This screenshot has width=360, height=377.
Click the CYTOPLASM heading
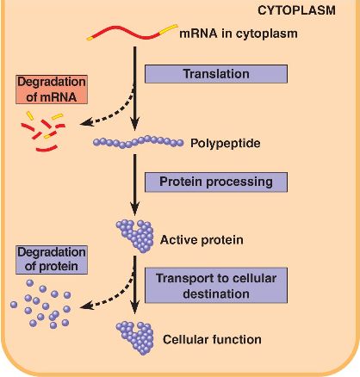(x=296, y=10)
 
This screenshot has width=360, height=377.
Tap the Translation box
(x=216, y=74)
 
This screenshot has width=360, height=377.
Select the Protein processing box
(x=216, y=182)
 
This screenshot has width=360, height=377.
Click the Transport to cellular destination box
(x=216, y=286)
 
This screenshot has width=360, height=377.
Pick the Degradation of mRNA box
(x=52, y=90)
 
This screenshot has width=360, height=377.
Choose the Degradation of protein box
(x=52, y=260)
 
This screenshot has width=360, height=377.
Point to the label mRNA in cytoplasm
(x=239, y=34)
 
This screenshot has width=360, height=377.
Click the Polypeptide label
(x=226, y=143)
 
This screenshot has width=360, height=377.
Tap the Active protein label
(x=202, y=239)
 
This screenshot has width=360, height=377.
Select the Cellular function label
(x=212, y=339)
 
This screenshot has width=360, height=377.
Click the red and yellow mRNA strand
(x=132, y=33)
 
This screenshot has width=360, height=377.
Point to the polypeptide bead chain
(x=138, y=142)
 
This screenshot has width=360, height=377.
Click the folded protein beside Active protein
(x=135, y=236)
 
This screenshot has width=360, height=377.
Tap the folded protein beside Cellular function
(x=135, y=338)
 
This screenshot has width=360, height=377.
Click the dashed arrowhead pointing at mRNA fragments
(x=87, y=122)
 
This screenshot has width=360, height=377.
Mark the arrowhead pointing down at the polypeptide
(x=135, y=124)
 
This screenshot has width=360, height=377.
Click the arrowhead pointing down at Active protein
(x=135, y=208)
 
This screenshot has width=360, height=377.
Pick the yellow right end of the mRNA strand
(x=169, y=29)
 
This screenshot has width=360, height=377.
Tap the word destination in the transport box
(x=216, y=294)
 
